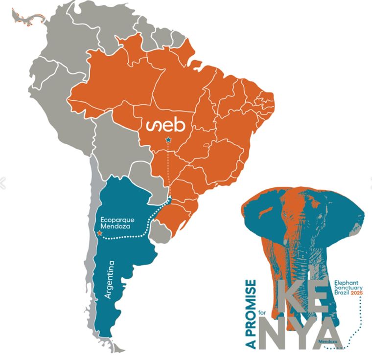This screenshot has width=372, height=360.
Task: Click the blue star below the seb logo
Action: [168, 140]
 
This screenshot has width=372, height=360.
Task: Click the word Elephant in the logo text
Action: [347, 283]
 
